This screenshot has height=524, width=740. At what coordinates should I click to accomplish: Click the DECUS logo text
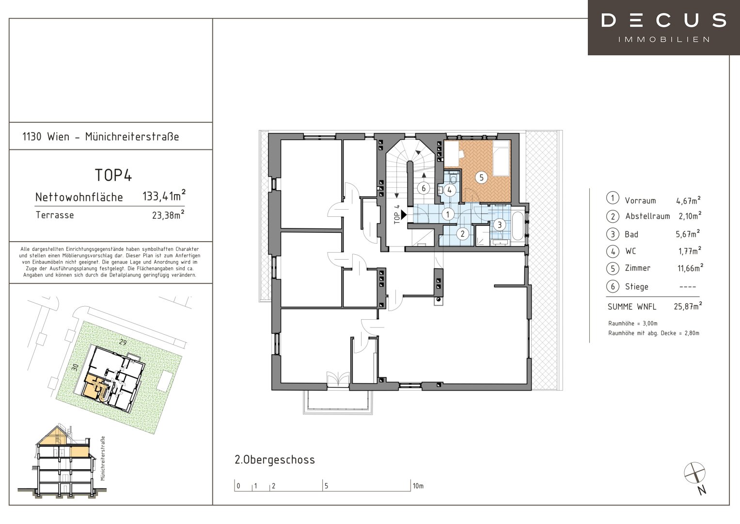[x=664, y=20]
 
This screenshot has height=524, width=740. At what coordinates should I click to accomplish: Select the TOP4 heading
[x=113, y=175]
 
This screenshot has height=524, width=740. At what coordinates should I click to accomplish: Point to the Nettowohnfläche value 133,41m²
[x=164, y=196]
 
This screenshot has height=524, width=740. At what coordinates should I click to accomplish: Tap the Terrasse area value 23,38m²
[x=168, y=215]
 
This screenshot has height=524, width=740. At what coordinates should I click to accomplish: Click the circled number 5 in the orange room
[x=481, y=178]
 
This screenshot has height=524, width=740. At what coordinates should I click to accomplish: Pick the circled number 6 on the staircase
[x=424, y=188]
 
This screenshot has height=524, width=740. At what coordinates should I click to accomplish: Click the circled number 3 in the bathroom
[x=500, y=225]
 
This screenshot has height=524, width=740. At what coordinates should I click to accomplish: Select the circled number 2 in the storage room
[x=462, y=234]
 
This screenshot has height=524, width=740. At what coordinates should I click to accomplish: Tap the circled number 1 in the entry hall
[x=448, y=214]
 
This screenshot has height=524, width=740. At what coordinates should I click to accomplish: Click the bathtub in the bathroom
[x=518, y=226]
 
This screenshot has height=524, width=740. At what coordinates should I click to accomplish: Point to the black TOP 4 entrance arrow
[x=404, y=215]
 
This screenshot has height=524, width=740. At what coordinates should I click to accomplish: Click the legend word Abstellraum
[x=647, y=216]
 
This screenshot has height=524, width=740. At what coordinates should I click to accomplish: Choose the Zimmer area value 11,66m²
[x=690, y=267]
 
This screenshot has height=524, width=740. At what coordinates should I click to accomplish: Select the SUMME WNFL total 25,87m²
[x=688, y=306]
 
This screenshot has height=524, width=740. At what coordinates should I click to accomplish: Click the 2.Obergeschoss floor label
[x=275, y=460]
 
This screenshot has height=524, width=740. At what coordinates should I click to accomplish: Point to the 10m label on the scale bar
[x=418, y=486]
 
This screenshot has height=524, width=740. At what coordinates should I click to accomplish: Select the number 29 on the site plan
[x=123, y=343]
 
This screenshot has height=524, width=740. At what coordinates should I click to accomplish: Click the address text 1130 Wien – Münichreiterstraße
[x=100, y=136]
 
